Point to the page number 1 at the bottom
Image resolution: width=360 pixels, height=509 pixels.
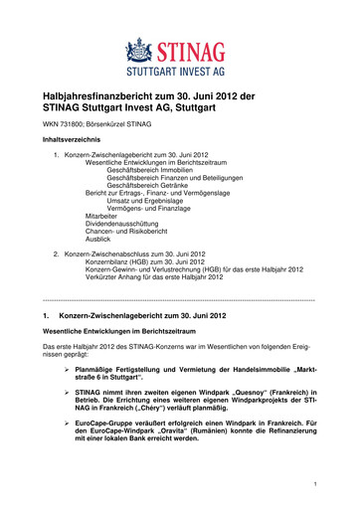[313, 484]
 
